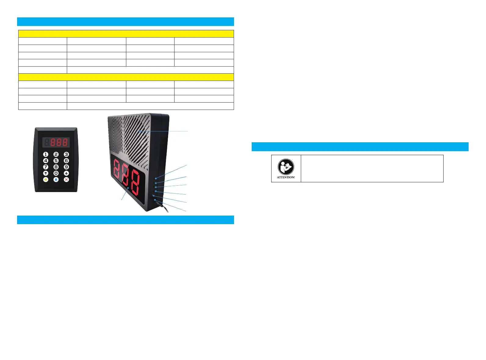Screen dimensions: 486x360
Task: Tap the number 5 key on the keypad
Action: pyautogui.click(x=56, y=161)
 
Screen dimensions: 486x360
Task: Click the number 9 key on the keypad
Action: pyautogui.click(x=67, y=167)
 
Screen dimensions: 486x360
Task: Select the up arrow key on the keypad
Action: pyautogui.click(x=46, y=173)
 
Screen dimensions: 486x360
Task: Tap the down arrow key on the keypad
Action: pyautogui.click(x=67, y=173)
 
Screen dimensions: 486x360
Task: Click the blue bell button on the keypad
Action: pyautogui.click(x=56, y=180)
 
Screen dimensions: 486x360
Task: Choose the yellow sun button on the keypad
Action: pyautogui.click(x=46, y=180)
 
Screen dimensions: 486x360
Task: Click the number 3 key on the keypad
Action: pyautogui.click(x=67, y=155)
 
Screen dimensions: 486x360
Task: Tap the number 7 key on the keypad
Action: pyautogui.click(x=46, y=167)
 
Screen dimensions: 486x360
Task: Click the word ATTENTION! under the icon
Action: pyautogui.click(x=286, y=177)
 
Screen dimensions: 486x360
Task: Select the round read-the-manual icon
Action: pyautogui.click(x=286, y=167)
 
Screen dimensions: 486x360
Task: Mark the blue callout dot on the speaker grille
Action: pyautogui.click(x=139, y=131)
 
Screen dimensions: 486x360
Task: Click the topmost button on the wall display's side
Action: pyautogui.click(x=156, y=178)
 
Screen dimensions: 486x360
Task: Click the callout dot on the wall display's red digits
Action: pyautogui.click(x=128, y=188)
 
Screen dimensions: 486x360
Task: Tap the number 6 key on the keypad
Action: pyautogui.click(x=67, y=161)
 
